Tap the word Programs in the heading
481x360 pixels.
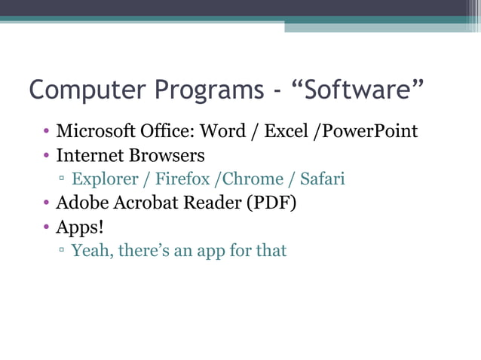(x=210, y=90)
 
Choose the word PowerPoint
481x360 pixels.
(x=370, y=131)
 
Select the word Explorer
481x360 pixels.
(x=105, y=179)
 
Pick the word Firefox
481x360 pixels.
(x=182, y=179)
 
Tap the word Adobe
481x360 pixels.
(x=80, y=203)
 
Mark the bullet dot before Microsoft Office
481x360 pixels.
(x=46, y=133)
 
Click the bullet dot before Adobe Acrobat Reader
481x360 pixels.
(x=46, y=204)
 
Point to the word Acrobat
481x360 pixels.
(x=139, y=203)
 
